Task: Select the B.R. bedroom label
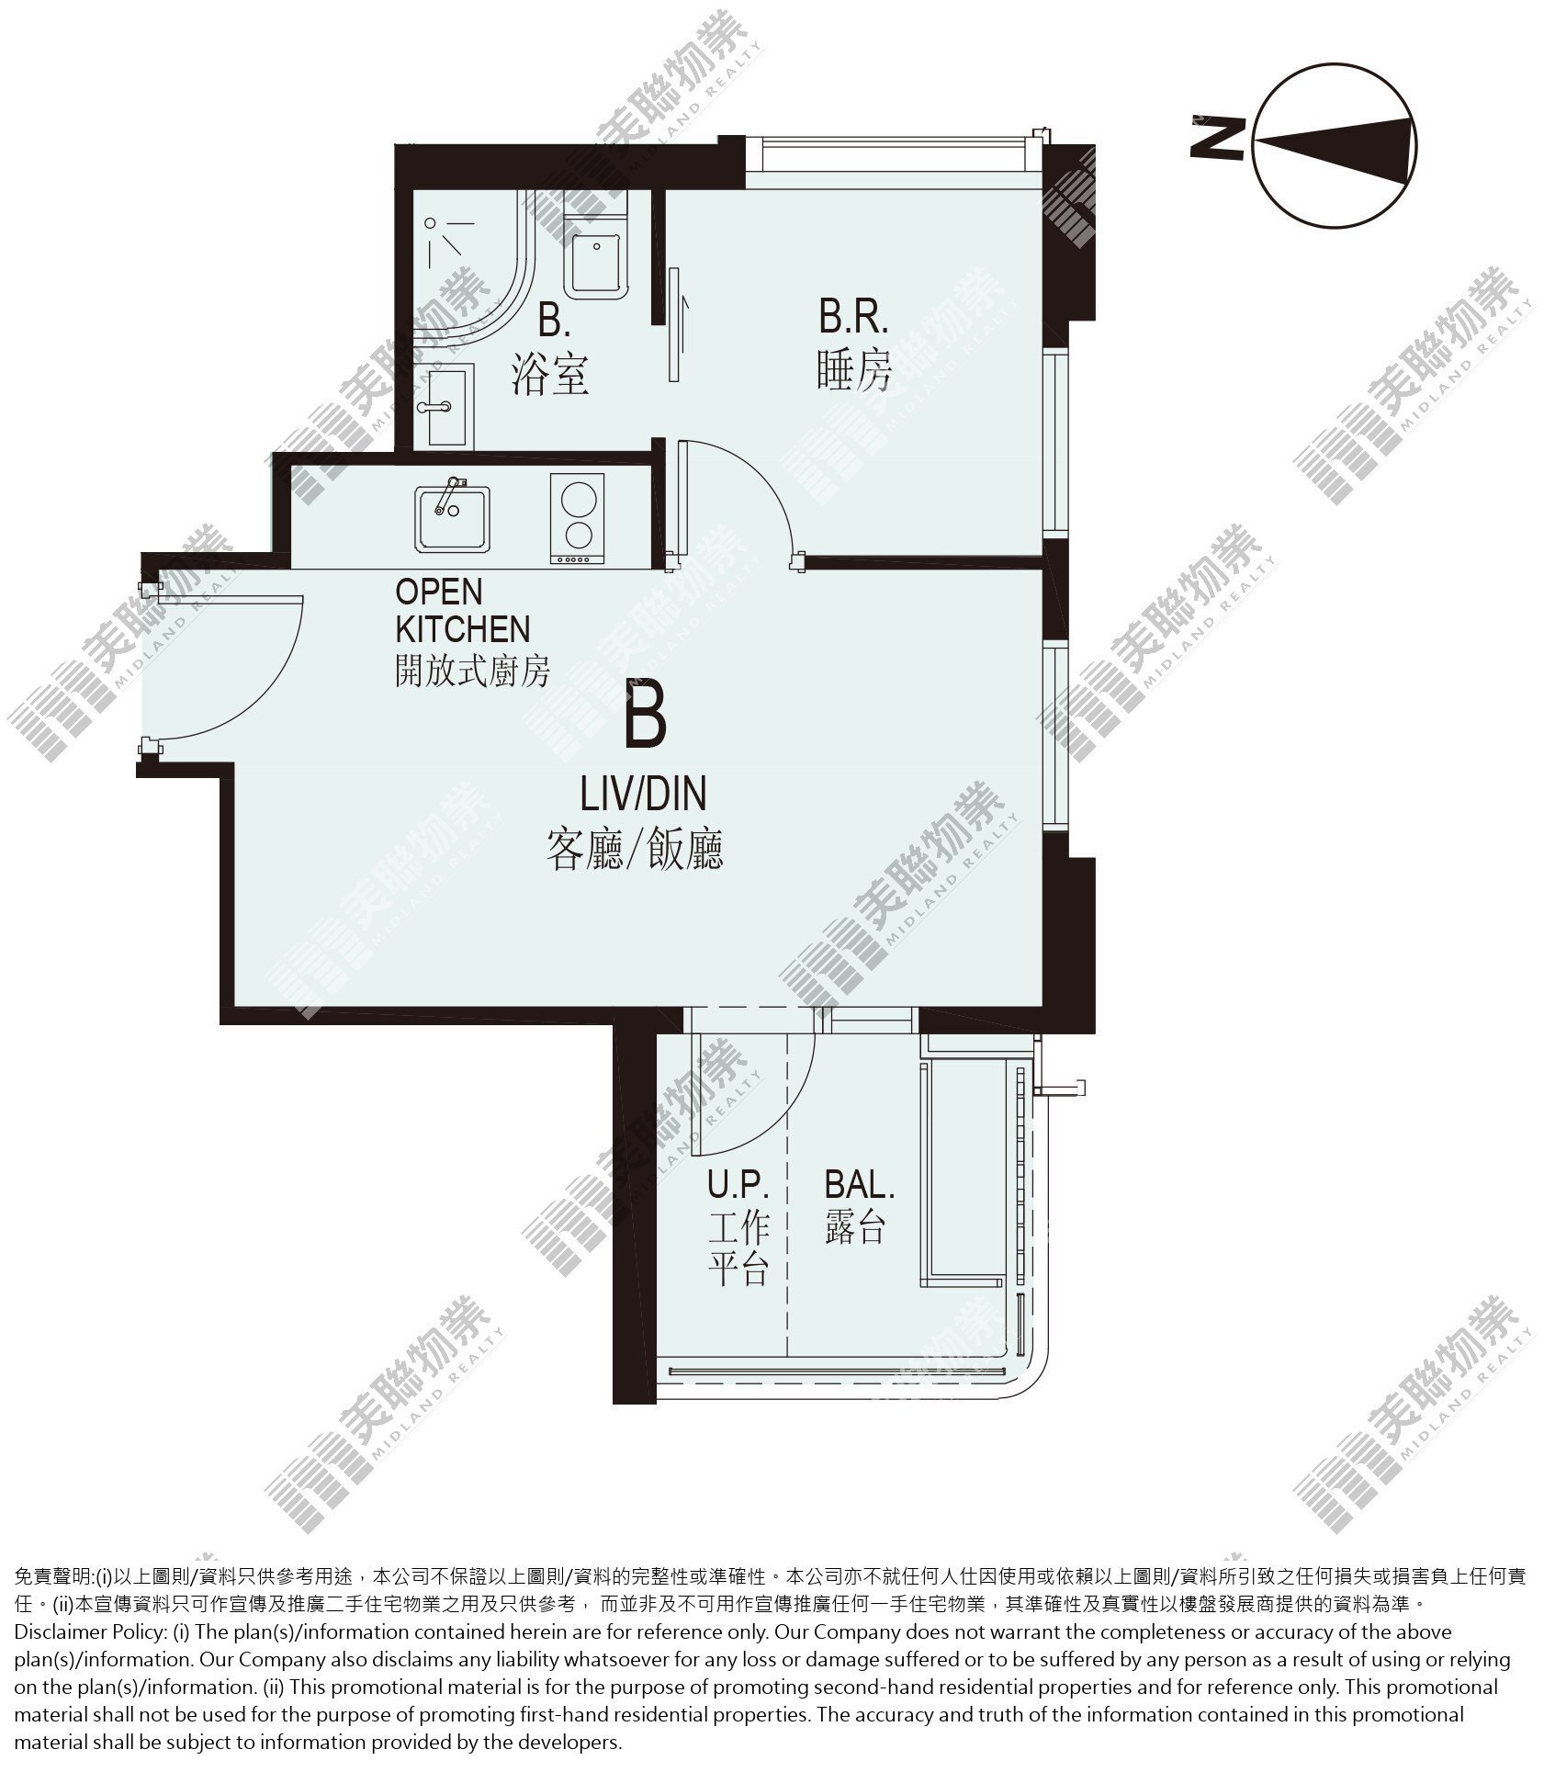coord(853,318)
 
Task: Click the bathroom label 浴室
coord(549,375)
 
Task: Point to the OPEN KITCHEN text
coord(462,610)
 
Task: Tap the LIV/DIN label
coord(642,794)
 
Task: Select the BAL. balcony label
coord(859,1185)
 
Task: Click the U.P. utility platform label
coord(737,1185)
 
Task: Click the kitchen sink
coord(452,517)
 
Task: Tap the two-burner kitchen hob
coord(577,518)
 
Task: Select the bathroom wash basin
coord(444,406)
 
